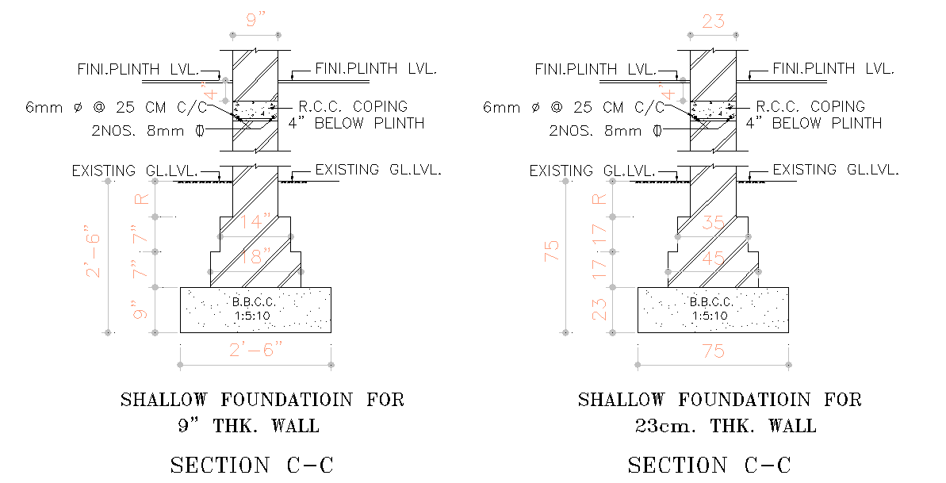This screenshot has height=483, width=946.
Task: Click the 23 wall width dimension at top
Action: pos(713,21)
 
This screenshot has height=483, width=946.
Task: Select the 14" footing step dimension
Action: pos(255,222)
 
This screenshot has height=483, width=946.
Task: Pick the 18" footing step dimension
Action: pos(255,258)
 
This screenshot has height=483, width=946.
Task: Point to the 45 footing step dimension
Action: pos(713,258)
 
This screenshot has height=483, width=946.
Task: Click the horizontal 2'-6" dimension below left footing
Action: pos(255,350)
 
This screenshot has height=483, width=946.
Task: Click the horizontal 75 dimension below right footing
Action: pos(713,350)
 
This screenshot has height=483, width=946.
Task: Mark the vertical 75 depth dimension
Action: pos(552,251)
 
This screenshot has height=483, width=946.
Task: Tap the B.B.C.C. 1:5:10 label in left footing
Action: pos(255,309)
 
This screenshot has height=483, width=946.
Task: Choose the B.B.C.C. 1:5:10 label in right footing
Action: pos(712,309)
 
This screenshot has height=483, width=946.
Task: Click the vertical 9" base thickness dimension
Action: pos(141,309)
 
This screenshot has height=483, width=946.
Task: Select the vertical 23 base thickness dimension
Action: pos(599,308)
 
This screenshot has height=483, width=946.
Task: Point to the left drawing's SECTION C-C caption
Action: pos(251,465)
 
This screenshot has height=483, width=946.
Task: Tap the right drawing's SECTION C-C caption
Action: pos(709,465)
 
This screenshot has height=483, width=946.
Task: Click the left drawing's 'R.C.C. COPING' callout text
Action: pos(352,106)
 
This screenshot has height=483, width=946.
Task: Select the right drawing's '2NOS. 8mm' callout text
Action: pos(596,130)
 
